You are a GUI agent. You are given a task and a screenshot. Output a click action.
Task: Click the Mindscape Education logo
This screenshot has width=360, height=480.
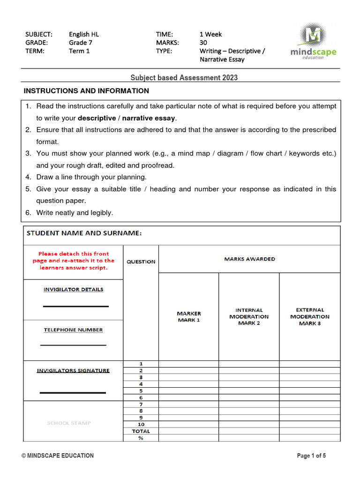[313, 42]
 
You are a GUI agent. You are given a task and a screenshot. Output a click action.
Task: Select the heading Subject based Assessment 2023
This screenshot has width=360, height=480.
[184, 78]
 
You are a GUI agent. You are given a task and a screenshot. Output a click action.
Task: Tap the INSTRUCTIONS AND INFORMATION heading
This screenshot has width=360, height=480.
[86, 91]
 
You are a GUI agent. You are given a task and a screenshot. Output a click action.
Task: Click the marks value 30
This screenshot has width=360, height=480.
[203, 43]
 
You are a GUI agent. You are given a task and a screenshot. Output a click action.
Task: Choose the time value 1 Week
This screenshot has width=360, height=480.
[210, 34]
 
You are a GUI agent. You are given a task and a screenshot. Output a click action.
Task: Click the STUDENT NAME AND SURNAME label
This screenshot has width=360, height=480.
[84, 233]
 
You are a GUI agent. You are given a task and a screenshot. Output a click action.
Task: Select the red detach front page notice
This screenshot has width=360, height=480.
[74, 261]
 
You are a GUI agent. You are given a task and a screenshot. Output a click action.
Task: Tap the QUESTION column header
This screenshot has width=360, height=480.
[141, 262]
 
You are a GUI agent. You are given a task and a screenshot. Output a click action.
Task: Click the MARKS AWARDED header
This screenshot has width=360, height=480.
[249, 259]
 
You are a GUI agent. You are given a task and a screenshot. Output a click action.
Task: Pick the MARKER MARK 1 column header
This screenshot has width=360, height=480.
[188, 316]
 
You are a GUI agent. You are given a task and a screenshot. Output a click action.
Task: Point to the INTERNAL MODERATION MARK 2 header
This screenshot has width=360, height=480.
[249, 316]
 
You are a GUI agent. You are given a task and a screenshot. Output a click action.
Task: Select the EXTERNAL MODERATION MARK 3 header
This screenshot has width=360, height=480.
[310, 316]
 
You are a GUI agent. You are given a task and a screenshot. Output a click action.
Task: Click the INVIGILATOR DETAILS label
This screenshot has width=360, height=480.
[74, 290]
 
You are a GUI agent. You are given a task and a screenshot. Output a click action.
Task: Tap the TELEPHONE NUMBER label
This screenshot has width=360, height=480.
[74, 330]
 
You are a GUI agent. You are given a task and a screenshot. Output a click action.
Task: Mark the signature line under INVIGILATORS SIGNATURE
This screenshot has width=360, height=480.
[73, 392]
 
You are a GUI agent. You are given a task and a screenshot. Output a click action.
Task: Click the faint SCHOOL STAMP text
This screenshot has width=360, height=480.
[69, 423]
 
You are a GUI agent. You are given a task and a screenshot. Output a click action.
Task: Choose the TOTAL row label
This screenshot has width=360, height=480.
[141, 431]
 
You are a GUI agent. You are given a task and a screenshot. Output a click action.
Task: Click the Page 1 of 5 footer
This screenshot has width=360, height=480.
[311, 456]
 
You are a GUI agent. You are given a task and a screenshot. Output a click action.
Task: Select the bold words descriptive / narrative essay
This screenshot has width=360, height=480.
[127, 118]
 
